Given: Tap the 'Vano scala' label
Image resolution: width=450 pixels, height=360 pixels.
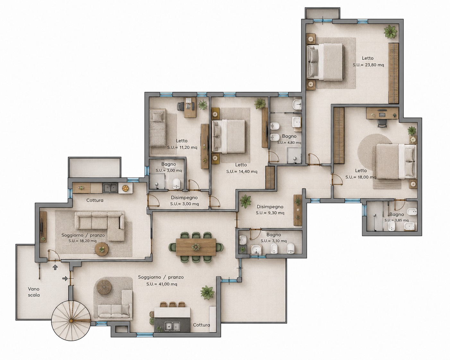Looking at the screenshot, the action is pyautogui.click(x=34, y=292).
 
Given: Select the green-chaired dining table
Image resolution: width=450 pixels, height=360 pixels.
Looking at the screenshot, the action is pyautogui.click(x=196, y=247).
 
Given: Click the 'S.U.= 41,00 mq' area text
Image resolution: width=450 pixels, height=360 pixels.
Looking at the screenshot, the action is pyautogui.click(x=162, y=284).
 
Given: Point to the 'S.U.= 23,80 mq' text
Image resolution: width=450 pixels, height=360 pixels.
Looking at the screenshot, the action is pyautogui.click(x=368, y=65).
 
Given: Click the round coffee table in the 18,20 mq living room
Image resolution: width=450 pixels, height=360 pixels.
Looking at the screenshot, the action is pyautogui.click(x=102, y=249).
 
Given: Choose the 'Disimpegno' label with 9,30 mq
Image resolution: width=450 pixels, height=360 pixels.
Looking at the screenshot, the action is pyautogui.click(x=270, y=207).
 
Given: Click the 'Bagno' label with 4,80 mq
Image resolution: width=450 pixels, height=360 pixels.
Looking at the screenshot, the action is pyautogui.click(x=289, y=136).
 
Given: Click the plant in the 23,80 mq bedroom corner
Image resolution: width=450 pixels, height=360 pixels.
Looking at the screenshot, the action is pyautogui.click(x=390, y=32).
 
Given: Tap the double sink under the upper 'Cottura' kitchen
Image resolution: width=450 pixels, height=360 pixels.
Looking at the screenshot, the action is pyautogui.click(x=110, y=188).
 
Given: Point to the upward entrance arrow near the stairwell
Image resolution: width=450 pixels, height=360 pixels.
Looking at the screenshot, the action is pyautogui.click(x=55, y=267).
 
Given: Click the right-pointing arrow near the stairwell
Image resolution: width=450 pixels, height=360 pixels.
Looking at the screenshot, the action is pyautogui.click(x=65, y=279).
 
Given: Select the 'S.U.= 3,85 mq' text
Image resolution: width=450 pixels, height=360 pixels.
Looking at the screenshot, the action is pyautogui.click(x=396, y=220).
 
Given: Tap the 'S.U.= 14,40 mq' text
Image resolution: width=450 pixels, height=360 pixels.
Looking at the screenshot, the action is pyautogui.click(x=242, y=172).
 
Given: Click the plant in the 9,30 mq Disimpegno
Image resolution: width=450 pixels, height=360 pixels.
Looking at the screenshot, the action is pyautogui.click(x=245, y=201).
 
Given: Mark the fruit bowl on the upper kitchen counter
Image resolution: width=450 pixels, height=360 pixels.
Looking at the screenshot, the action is pyautogui.click(x=125, y=188).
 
